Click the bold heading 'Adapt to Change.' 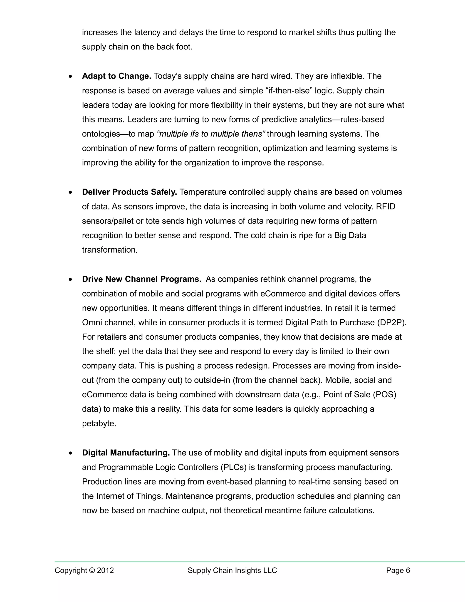pyautogui.click(x=116, y=76)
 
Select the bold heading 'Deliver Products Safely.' pyautogui.click(x=129, y=192)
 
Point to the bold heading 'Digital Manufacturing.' pyautogui.click(x=126, y=453)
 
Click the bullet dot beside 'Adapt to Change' pyautogui.click(x=71, y=76)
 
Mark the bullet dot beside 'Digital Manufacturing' pyautogui.click(x=71, y=453)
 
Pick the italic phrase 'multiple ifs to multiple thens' pyautogui.click(x=211, y=134)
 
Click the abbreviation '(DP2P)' pyautogui.click(x=392, y=323)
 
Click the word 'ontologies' pyautogui.click(x=101, y=134)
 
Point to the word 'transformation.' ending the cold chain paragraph pyautogui.click(x=110, y=250)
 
